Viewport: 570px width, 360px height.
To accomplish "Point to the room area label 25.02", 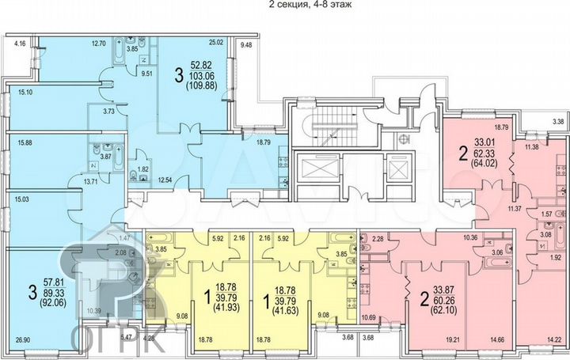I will [x=216, y=43].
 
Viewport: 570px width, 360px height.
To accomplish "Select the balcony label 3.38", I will [x=557, y=122].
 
